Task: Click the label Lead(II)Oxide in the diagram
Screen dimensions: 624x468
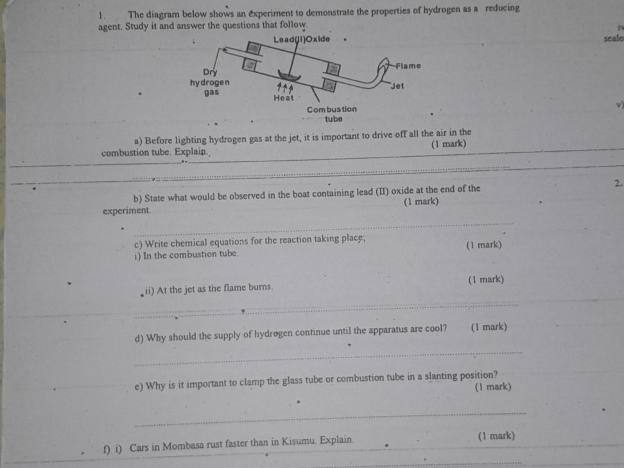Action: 302,39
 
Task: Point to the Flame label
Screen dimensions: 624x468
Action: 408,66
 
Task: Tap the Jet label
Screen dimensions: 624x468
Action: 397,86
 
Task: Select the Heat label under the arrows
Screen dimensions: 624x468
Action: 283,98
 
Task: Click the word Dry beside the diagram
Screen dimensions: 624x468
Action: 210,72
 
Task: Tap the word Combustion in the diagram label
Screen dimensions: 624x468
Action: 332,109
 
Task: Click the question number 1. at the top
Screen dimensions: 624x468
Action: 102,15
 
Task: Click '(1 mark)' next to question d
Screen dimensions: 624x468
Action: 489,327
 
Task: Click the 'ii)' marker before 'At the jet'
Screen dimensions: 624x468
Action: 149,289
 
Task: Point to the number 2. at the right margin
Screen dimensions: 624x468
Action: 617,184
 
